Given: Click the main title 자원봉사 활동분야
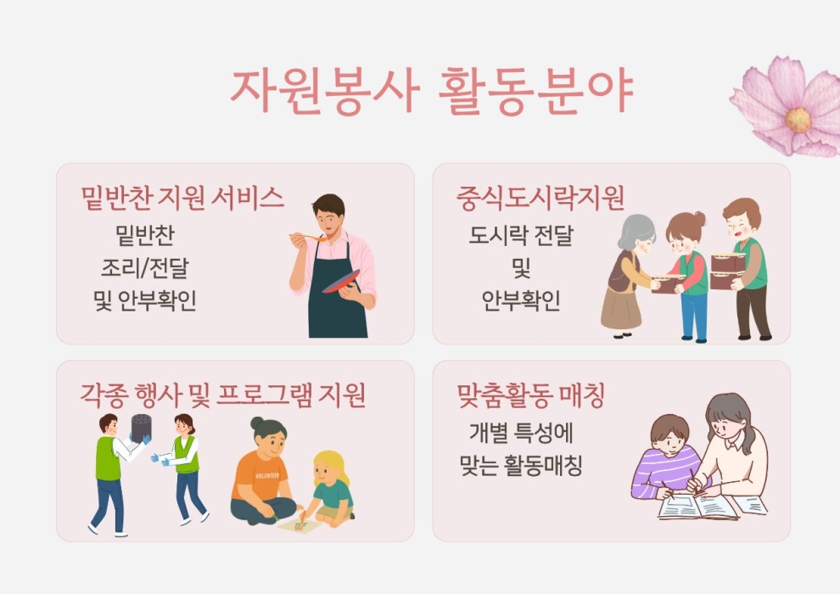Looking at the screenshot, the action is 432,91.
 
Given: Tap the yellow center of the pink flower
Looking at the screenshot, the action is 798,120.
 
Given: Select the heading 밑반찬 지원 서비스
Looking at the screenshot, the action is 182,198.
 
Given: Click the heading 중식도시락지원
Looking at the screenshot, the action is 540,198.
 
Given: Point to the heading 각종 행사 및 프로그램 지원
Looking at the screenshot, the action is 223,395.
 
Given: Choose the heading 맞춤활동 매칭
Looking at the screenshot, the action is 531,395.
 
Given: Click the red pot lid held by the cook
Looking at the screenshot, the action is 341,281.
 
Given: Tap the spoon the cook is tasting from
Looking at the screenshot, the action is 308,237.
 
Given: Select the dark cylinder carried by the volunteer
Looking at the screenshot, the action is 142,428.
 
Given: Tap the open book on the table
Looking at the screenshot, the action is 697,507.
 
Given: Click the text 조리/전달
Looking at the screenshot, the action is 145,268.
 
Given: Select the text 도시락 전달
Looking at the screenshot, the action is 521,235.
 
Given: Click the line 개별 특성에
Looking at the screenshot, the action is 521,432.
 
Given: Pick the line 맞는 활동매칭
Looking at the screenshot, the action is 521,465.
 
